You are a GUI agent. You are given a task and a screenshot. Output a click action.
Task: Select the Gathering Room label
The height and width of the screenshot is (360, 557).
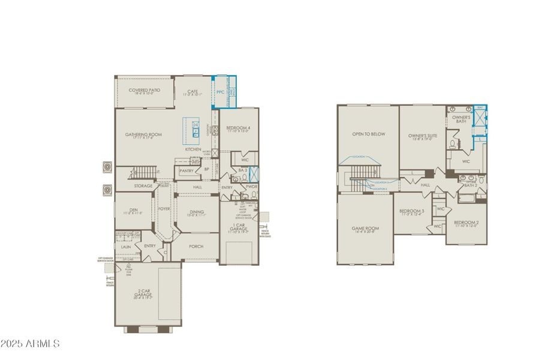point(144,134)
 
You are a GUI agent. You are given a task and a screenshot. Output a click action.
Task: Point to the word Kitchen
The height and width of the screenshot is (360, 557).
point(192,149)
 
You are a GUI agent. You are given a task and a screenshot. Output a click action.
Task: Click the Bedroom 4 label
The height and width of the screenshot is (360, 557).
point(239,128)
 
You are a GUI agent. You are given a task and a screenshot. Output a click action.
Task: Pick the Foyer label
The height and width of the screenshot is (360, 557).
point(163,209)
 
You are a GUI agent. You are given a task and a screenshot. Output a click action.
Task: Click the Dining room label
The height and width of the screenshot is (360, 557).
point(196,211)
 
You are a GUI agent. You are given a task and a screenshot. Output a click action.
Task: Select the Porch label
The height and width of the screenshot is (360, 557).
point(195,245)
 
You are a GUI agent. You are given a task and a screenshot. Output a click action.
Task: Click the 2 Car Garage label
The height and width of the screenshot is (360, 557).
point(143,295)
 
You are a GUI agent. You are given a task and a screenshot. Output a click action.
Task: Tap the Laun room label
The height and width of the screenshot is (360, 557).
point(126,247)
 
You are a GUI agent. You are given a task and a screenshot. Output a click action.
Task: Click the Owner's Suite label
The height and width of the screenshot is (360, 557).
point(423,136)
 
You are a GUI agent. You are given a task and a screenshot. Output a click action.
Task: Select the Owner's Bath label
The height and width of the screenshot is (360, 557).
point(460,119)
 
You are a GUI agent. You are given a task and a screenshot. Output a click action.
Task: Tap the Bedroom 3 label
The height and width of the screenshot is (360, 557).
point(412,211)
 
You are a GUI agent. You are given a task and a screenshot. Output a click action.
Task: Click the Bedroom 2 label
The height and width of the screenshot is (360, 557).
point(466,223)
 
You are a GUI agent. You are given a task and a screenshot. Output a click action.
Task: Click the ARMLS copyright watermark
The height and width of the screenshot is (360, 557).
point(30,344)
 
